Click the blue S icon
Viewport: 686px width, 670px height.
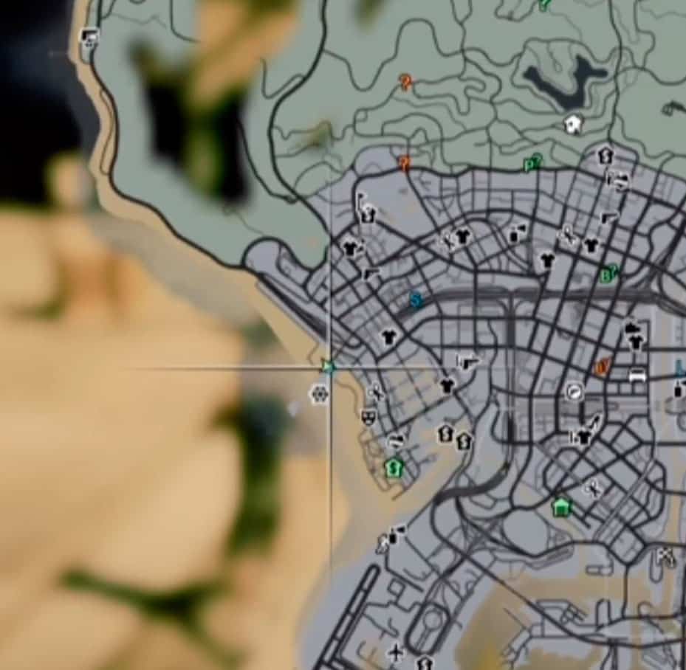[x=416, y=300]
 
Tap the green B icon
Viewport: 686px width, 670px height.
[x=608, y=275]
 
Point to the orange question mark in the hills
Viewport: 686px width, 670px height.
[x=405, y=82]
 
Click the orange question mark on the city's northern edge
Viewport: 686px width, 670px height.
[x=404, y=162]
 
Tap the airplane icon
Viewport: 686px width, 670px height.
[x=397, y=652]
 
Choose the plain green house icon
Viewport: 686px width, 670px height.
[x=562, y=507]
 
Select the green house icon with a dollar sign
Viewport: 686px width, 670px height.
[x=394, y=467]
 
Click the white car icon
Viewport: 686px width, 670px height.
[x=637, y=375]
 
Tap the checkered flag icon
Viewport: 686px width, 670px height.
[x=665, y=557]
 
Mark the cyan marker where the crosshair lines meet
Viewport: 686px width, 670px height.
[x=329, y=367]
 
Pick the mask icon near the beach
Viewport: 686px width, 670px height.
[x=368, y=417]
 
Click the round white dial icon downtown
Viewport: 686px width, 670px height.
[x=574, y=392]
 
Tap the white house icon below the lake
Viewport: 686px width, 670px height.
[x=574, y=124]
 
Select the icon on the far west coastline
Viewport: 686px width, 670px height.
[x=89, y=36]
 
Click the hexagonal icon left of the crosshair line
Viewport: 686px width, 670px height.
[x=319, y=395]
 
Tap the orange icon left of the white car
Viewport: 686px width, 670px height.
[x=603, y=367]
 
